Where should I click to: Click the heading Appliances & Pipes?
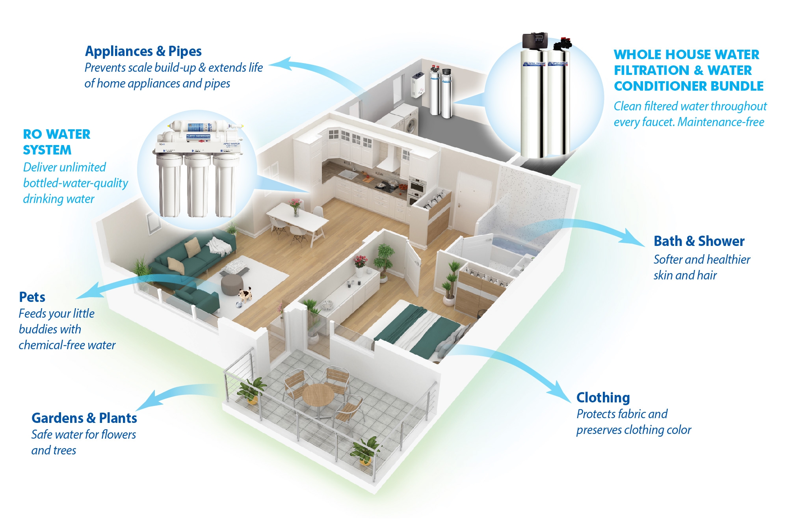143,51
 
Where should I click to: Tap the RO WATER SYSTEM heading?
56,142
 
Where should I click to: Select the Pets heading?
32,297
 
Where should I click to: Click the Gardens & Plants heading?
84,418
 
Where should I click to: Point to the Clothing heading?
603,398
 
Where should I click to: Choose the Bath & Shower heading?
699,241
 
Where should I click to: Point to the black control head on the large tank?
535,40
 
